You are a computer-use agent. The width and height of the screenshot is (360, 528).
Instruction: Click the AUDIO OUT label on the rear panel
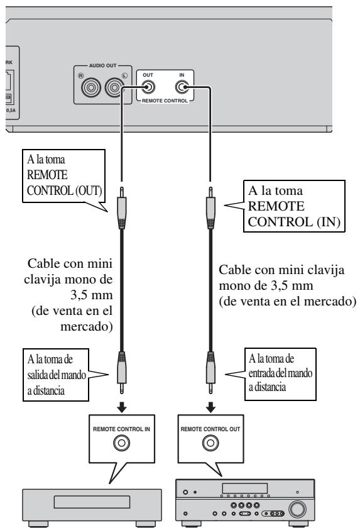102,65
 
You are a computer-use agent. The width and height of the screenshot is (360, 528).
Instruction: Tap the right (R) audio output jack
91,87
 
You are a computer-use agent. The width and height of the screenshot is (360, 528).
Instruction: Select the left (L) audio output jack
114,87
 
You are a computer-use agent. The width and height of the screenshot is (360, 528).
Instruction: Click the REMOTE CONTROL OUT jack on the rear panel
148,87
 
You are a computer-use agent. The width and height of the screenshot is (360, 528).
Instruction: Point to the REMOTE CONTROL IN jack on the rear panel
182,87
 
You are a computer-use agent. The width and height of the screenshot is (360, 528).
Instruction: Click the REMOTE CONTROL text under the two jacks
165,101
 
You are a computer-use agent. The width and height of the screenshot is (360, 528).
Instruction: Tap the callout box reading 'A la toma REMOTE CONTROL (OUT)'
64,176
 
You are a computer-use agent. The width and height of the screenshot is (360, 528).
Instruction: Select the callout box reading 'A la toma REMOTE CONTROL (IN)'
294,206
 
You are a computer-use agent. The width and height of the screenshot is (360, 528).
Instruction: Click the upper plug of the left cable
121,208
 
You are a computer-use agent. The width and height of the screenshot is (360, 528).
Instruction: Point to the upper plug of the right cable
210,208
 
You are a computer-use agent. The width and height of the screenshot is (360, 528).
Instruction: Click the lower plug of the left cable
121,372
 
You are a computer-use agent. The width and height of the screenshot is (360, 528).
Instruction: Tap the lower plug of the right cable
210,372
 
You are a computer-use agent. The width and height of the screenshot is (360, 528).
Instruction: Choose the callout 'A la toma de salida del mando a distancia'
56,375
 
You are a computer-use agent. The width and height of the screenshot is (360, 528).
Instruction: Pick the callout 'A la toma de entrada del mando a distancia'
280,374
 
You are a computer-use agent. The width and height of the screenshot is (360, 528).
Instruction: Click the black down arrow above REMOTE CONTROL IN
121,407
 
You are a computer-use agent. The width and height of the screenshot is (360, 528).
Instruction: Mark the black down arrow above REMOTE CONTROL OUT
210,407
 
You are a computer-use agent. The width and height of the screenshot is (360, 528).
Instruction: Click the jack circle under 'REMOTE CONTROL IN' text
121,443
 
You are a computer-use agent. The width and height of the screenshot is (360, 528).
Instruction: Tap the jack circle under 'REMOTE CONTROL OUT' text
210,443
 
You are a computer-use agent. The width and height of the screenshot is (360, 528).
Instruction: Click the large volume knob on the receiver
297,509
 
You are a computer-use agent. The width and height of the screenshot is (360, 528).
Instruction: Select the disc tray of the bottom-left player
92,502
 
